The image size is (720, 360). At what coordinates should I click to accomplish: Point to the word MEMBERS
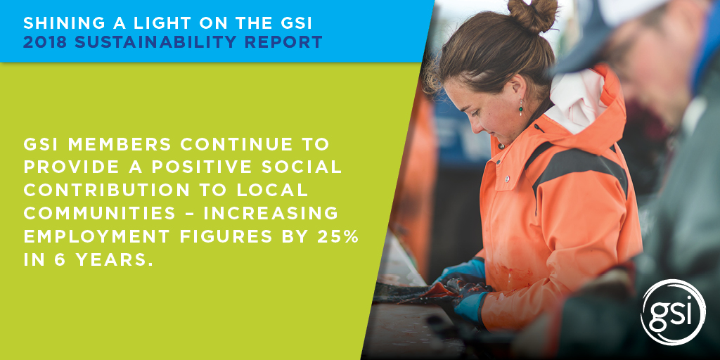[x=120, y=144]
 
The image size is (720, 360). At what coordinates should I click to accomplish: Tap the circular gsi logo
[x=673, y=311]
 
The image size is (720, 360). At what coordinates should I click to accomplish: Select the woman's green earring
[x=521, y=108]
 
